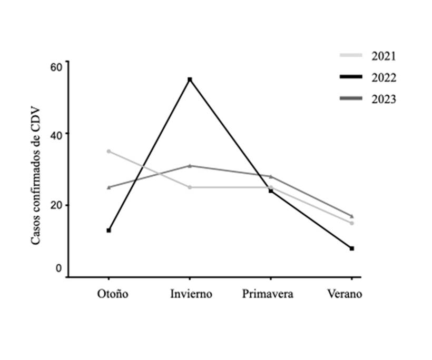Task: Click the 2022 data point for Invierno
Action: pyautogui.click(x=190, y=79)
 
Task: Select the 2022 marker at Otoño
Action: pyautogui.click(x=109, y=231)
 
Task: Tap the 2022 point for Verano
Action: pyautogui.click(x=352, y=248)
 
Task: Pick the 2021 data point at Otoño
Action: pyautogui.click(x=109, y=152)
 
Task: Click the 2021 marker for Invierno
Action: pyautogui.click(x=190, y=187)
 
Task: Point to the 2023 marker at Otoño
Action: pyautogui.click(x=109, y=187)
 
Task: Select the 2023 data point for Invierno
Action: pyautogui.click(x=190, y=166)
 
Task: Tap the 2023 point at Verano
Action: pyautogui.click(x=352, y=216)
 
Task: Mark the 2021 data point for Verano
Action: pyautogui.click(x=352, y=223)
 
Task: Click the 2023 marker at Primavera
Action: pyautogui.click(x=271, y=176)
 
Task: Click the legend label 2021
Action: pyautogui.click(x=384, y=56)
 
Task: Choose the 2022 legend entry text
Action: pyautogui.click(x=384, y=78)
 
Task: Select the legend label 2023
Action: pyautogui.click(x=384, y=99)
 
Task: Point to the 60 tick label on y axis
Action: pyautogui.click(x=56, y=66)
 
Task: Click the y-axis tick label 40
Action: pyautogui.click(x=56, y=134)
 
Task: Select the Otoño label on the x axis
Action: pyautogui.click(x=112, y=294)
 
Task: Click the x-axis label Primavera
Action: pyautogui.click(x=268, y=294)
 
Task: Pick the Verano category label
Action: pyautogui.click(x=345, y=294)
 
